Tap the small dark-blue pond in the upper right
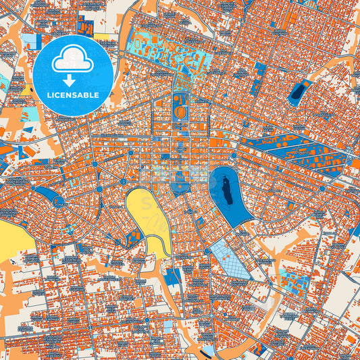tap(298, 91)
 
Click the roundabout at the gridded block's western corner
tap(207, 251)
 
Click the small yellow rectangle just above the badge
tap(101, 37)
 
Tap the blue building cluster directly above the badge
tap(87, 25)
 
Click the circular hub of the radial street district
tap(59, 201)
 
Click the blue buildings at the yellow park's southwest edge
tap(133, 236)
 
